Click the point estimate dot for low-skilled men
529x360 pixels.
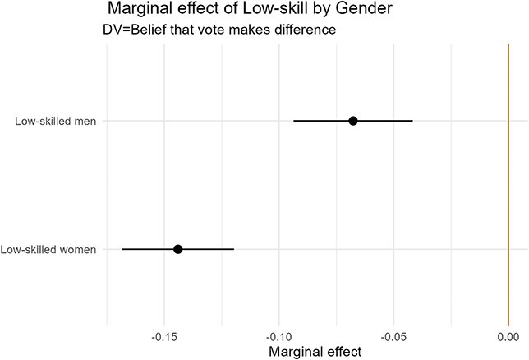click(353, 121)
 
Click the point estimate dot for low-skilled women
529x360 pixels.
click(177, 249)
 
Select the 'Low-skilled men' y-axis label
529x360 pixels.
click(55, 122)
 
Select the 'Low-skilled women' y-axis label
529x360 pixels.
click(48, 249)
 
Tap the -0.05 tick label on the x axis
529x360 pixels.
click(393, 338)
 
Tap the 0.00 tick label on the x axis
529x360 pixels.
click(508, 338)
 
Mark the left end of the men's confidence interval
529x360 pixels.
click(294, 121)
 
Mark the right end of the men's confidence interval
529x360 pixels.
click(412, 121)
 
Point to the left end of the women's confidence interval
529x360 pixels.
click(122, 249)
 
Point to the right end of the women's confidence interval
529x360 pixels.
click(234, 249)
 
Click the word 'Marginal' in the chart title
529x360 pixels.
click(142, 11)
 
